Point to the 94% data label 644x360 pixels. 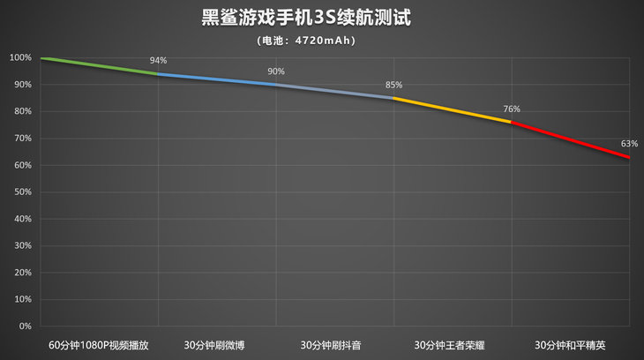coord(158,61)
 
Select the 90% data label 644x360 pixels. coord(276,71)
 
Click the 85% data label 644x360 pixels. coord(393,85)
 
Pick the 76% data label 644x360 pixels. coord(512,109)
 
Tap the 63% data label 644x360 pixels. coord(629,143)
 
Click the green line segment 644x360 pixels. coord(100,66)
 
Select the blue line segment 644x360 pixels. coord(217,79)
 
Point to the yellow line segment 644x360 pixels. coord(453,109)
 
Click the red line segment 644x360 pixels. coord(571,139)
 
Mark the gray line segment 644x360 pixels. coord(335,91)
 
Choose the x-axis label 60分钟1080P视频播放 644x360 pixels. coord(100,344)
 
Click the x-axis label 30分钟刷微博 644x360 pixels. coord(217,344)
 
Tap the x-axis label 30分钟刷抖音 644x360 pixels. coord(335,344)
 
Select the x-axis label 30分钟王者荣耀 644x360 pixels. coord(453,344)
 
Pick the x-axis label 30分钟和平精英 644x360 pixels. coord(571,344)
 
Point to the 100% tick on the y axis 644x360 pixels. coord(20,58)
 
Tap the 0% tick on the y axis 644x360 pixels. coord(25,326)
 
